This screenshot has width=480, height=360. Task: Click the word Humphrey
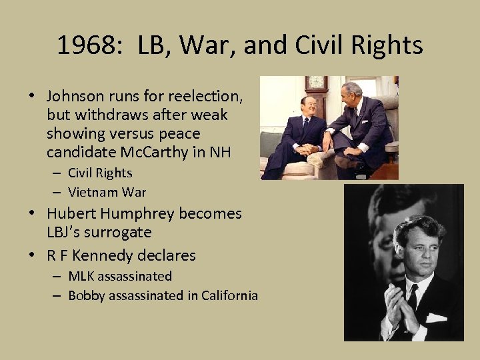click(139, 213)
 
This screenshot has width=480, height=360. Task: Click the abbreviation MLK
click(82, 276)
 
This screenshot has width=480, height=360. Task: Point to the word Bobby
click(87, 295)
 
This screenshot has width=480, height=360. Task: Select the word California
click(225, 295)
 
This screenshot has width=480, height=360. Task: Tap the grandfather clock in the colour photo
click(315, 91)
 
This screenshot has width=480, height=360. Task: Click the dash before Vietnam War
click(57, 192)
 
